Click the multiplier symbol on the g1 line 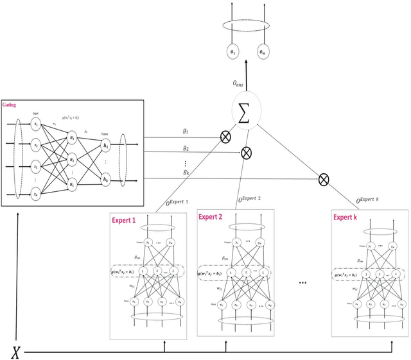coord(225,137)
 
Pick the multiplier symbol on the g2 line coord(245,153)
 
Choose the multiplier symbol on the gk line coord(324,179)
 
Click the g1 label coord(186,130)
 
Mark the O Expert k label coord(376,200)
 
